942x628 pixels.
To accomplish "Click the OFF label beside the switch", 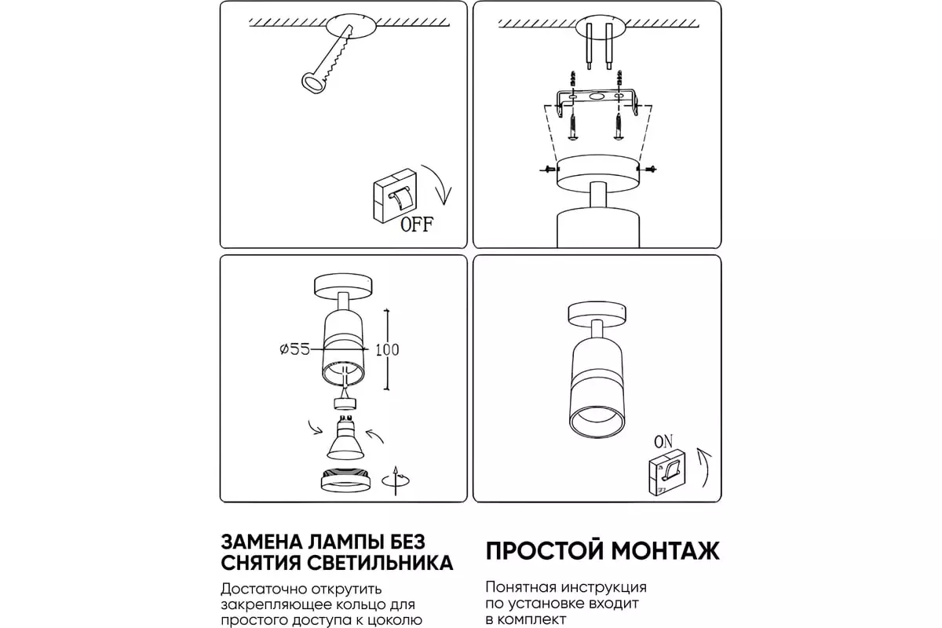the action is tap(416, 225).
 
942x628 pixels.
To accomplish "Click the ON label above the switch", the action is tap(663, 442).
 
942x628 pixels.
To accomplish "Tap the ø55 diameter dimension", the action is tap(295, 349).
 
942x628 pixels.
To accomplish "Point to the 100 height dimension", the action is tap(387, 350).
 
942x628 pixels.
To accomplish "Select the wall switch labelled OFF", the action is tap(395, 196).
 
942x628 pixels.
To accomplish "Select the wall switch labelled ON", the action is tap(667, 472).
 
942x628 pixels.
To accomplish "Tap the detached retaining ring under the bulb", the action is tap(345, 479).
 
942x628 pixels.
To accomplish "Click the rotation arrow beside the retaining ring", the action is tap(396, 480).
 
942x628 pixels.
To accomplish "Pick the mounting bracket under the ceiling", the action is tap(597, 102).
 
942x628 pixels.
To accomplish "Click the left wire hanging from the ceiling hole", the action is tap(590, 46).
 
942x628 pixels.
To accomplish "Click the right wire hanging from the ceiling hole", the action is tap(608, 46).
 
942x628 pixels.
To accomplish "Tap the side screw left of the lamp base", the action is tap(549, 169).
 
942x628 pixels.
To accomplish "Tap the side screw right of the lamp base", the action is tap(646, 169).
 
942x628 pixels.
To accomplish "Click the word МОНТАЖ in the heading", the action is tap(666, 551).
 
